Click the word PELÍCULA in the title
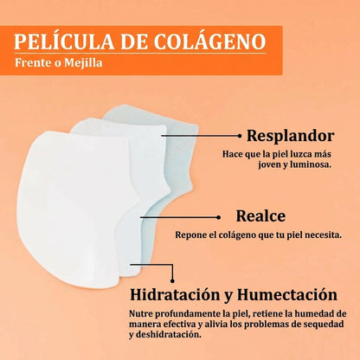(64, 41)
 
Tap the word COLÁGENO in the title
(209, 41)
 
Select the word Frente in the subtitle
(29, 62)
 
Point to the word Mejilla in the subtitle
(83, 62)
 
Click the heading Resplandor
(291, 136)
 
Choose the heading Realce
(260, 215)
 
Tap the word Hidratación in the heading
(175, 294)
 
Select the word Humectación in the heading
(287, 294)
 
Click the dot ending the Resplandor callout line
(239, 135)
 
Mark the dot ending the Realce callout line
(218, 217)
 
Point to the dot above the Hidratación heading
(172, 280)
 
